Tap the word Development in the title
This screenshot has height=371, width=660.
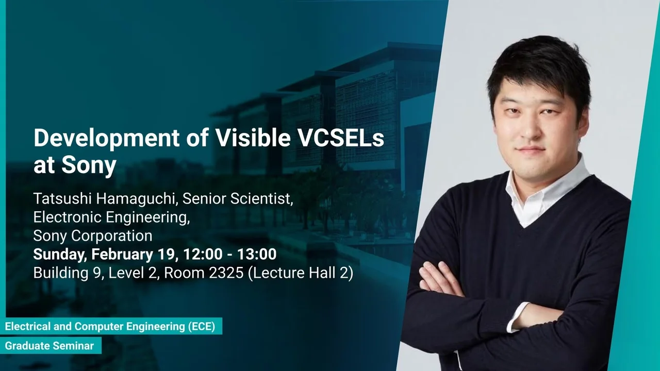click(107, 139)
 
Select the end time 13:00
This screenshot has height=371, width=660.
click(257, 254)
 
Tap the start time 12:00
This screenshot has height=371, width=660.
click(203, 254)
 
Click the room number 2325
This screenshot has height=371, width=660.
click(226, 273)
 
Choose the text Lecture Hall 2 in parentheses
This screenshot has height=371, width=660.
click(301, 273)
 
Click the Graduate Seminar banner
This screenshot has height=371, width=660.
click(51, 346)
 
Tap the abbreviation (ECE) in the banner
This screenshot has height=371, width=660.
click(202, 327)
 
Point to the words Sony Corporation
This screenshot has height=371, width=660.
click(93, 235)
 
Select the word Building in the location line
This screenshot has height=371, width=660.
click(61, 273)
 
